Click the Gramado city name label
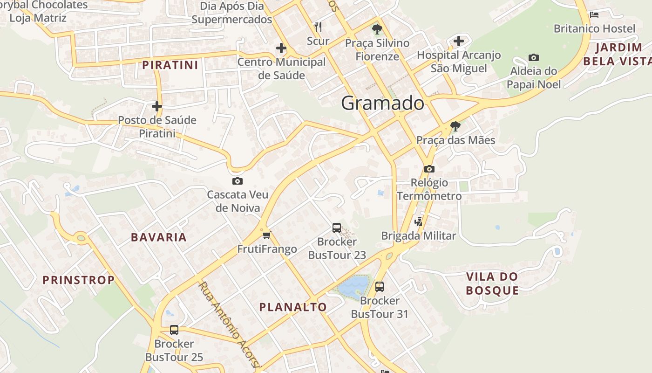tap(382, 103)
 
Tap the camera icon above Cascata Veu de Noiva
tap(238, 181)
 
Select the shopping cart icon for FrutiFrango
tap(266, 235)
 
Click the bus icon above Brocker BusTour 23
tap(337, 228)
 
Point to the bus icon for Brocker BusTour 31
tap(380, 287)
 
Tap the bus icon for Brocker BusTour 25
tap(174, 330)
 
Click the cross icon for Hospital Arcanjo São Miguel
tap(459, 41)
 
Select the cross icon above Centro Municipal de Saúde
tap(281, 48)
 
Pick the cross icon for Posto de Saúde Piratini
tap(157, 106)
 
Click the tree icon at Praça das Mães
tap(455, 126)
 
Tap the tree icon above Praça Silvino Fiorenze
tap(377, 29)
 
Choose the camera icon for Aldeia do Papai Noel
tap(534, 58)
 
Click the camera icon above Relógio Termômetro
tap(429, 169)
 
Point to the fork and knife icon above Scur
tap(318, 27)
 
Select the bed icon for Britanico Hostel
tap(594, 15)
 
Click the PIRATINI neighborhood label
tap(170, 65)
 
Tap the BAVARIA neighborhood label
tap(159, 237)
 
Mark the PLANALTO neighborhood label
tap(293, 307)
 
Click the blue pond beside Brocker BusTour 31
tap(353, 286)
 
